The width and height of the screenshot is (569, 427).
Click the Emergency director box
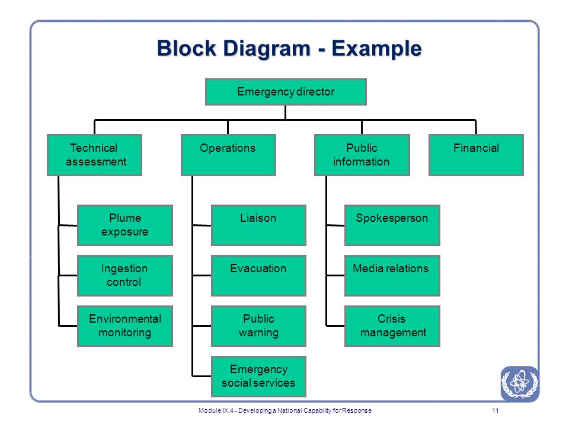[286, 92]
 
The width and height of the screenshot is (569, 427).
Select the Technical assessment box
[94, 155]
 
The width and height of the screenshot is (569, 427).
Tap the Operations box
[228, 155]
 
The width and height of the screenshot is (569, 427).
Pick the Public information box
[362, 155]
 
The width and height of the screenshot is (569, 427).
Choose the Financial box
[476, 155]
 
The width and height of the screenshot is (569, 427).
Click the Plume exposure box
[125, 225]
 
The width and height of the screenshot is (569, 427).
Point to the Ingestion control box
[125, 276]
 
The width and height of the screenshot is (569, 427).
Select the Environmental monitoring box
[125, 326]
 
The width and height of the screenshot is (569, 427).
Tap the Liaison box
[258, 225]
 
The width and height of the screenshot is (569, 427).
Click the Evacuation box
[258, 276]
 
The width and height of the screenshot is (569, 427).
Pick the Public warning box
[258, 326]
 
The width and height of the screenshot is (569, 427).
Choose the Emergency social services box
[258, 377]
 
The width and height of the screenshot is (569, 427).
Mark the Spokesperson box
[392, 225]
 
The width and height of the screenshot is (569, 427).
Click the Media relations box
[392, 276]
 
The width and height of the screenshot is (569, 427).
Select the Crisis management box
[392, 326]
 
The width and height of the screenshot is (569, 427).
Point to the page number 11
[496, 410]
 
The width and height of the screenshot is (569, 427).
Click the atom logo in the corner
[520, 384]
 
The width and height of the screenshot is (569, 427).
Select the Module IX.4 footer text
[285, 410]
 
